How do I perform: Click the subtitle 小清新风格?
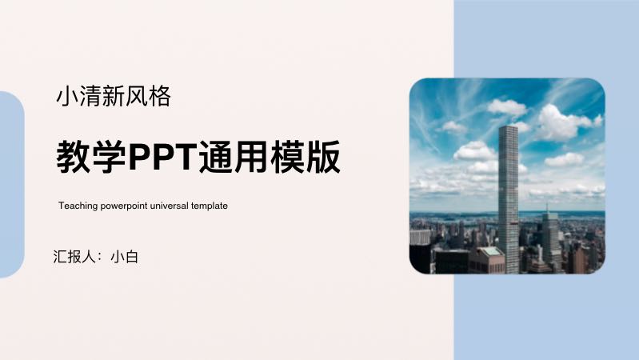(x=114, y=97)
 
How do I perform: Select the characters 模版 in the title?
(x=306, y=156)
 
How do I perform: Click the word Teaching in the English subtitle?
(x=77, y=206)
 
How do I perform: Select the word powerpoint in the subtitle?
(x=121, y=206)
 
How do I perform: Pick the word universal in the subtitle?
(x=168, y=206)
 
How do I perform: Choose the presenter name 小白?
(x=125, y=257)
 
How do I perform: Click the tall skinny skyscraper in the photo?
(x=508, y=200)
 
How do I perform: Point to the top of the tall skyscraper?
(x=508, y=127)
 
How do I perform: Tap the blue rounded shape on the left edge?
(x=10, y=184)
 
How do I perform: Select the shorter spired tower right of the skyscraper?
(x=550, y=236)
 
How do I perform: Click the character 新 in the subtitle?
(x=114, y=97)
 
